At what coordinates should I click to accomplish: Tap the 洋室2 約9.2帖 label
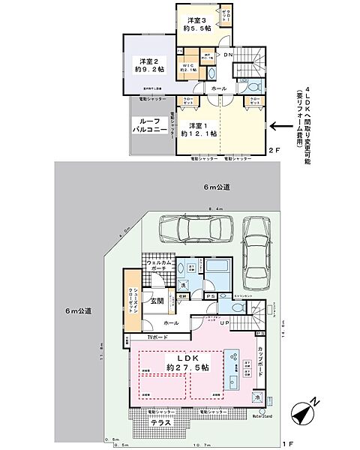[150, 65]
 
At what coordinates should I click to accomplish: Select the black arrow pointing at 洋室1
[282, 127]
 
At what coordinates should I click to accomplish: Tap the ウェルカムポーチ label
[161, 267]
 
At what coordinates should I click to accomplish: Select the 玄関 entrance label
[157, 301]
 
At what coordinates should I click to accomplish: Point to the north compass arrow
[304, 412]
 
